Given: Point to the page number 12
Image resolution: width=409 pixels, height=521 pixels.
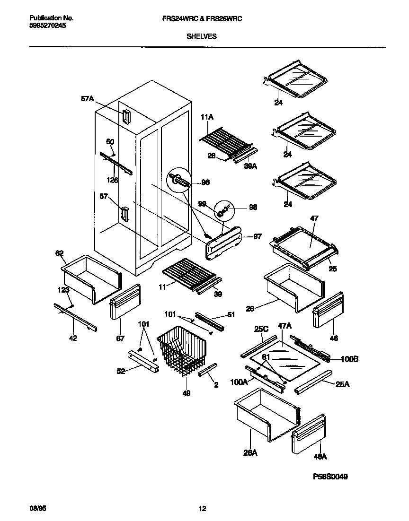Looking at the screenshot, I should click(202, 509).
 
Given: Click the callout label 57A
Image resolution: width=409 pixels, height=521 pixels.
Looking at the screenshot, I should click(87, 99).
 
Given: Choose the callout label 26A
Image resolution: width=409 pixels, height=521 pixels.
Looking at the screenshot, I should click(250, 453).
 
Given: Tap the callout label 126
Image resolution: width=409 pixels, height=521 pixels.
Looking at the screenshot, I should click(112, 180).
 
